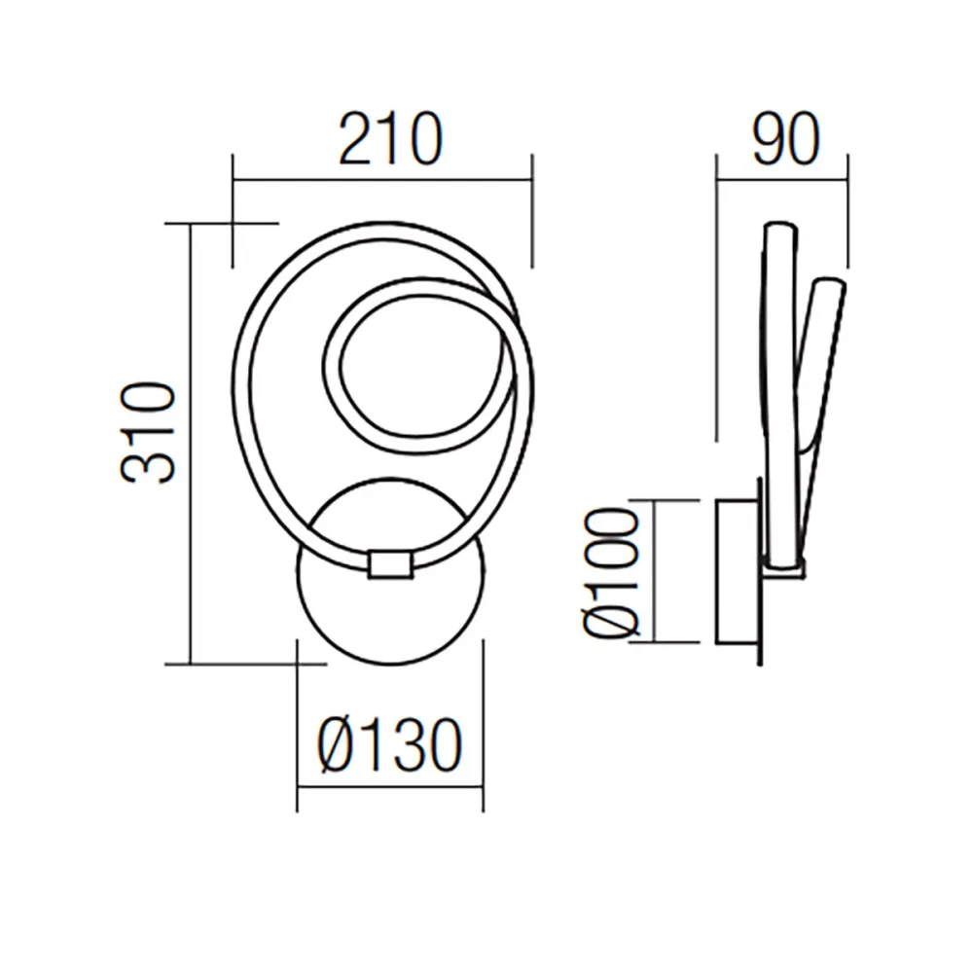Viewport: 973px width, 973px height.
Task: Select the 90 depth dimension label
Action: [783, 140]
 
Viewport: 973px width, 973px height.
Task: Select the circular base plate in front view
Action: [389, 623]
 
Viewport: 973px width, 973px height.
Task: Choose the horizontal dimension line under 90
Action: [782, 179]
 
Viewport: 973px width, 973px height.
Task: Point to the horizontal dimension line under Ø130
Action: [389, 786]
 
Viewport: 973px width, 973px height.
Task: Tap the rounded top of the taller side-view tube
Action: [780, 229]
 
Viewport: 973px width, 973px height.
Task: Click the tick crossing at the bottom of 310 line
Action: [297, 665]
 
